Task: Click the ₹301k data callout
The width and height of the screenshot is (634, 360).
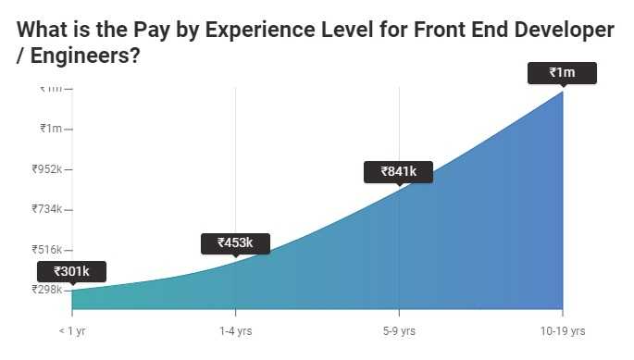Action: point(71,271)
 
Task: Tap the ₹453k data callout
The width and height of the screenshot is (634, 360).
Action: point(235,243)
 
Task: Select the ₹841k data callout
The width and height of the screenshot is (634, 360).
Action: point(398,171)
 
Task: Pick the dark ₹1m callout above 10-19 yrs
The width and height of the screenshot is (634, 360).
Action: point(562,72)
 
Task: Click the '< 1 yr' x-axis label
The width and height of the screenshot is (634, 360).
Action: point(72,330)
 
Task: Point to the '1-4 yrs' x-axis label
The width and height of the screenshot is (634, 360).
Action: point(235,330)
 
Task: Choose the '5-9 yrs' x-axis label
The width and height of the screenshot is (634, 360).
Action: point(399,330)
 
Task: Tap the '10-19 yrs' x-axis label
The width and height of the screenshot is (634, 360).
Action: point(562,330)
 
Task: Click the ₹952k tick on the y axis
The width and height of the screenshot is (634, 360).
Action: point(45,169)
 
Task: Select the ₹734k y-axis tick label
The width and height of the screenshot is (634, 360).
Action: point(45,209)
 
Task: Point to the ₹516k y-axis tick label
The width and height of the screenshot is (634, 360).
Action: point(45,250)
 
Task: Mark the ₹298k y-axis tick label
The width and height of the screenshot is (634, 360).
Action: point(45,290)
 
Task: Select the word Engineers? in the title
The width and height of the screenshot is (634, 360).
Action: point(85,56)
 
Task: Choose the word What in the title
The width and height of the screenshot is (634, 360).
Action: point(42,30)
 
